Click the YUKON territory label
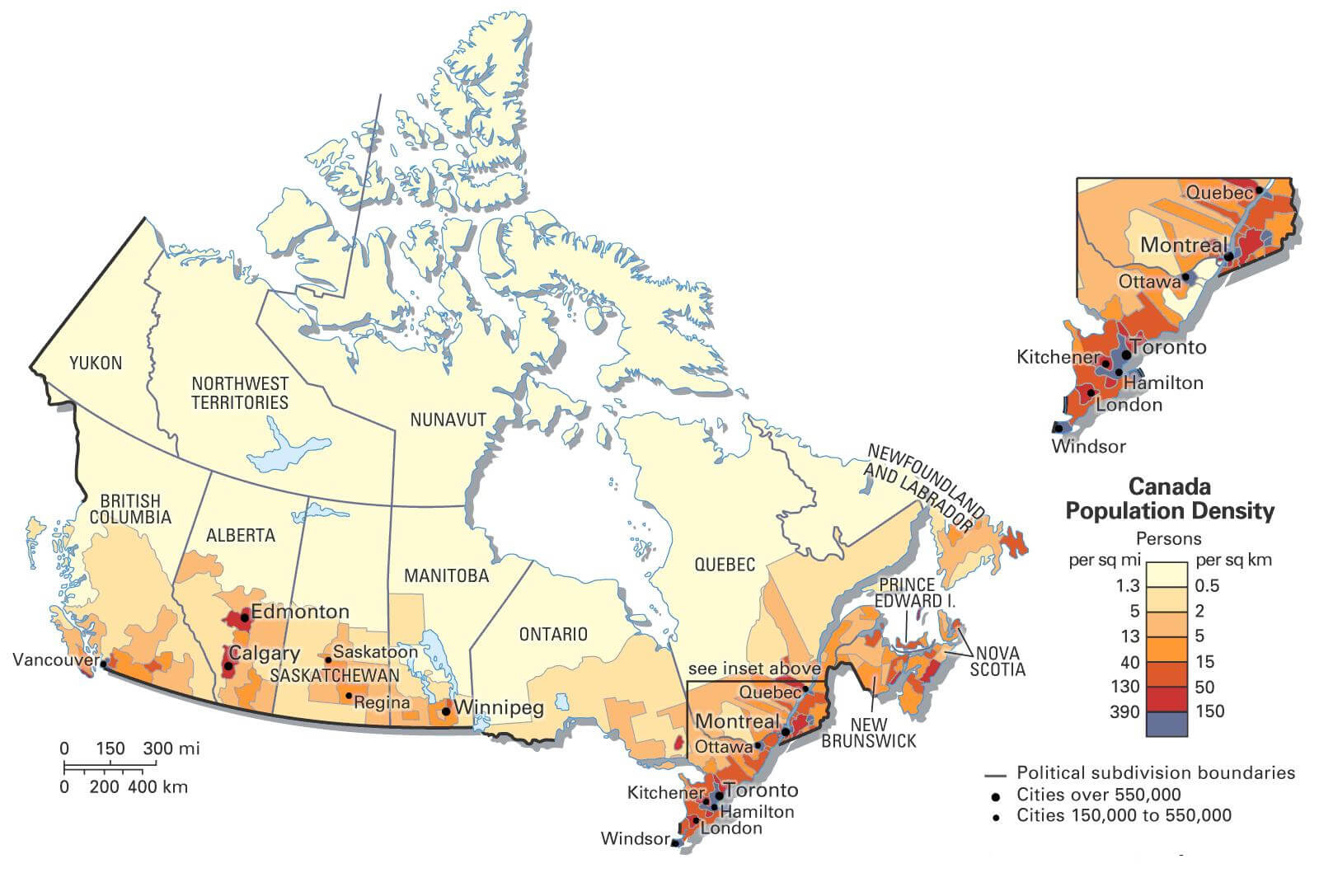tap(96, 363)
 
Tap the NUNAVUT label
tap(448, 420)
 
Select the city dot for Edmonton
tap(245, 617)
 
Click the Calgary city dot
tap(228, 665)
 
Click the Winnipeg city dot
tap(446, 710)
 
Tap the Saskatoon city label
tap(375, 651)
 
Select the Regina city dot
tap(349, 696)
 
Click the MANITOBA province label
tap(446, 575)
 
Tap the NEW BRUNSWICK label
tap(869, 733)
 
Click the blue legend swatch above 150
tap(1166, 724)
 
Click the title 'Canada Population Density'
tap(1170, 498)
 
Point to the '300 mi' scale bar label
tap(171, 749)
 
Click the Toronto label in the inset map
tap(1168, 347)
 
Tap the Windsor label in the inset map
tap(1088, 446)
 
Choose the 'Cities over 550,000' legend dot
tap(996, 796)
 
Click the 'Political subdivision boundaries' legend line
tap(996, 776)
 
